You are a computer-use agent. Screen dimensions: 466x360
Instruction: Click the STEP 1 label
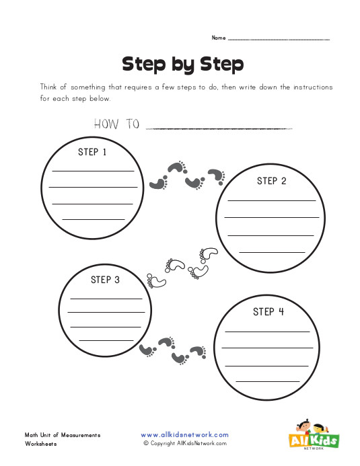93,152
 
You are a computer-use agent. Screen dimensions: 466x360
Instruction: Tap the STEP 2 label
272,181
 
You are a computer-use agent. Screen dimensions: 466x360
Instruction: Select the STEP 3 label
105,280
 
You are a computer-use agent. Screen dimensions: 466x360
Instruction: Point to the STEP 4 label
268,311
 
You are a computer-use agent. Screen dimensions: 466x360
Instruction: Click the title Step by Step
182,64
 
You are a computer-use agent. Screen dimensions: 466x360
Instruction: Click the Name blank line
279,40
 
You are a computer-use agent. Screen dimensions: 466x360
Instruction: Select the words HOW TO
116,124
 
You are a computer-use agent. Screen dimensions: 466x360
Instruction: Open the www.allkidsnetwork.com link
185,435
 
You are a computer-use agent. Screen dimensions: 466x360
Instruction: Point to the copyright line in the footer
185,444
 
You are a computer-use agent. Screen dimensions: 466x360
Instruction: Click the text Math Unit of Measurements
63,435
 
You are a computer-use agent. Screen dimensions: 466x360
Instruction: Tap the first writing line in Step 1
93,171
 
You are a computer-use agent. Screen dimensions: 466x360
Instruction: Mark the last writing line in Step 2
272,251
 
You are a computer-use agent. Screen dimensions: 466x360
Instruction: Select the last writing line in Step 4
267,381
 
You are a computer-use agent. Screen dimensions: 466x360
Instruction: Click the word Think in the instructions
51,88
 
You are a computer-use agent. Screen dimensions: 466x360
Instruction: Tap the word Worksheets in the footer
41,444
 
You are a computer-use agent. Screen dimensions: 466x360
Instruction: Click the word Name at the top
219,38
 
